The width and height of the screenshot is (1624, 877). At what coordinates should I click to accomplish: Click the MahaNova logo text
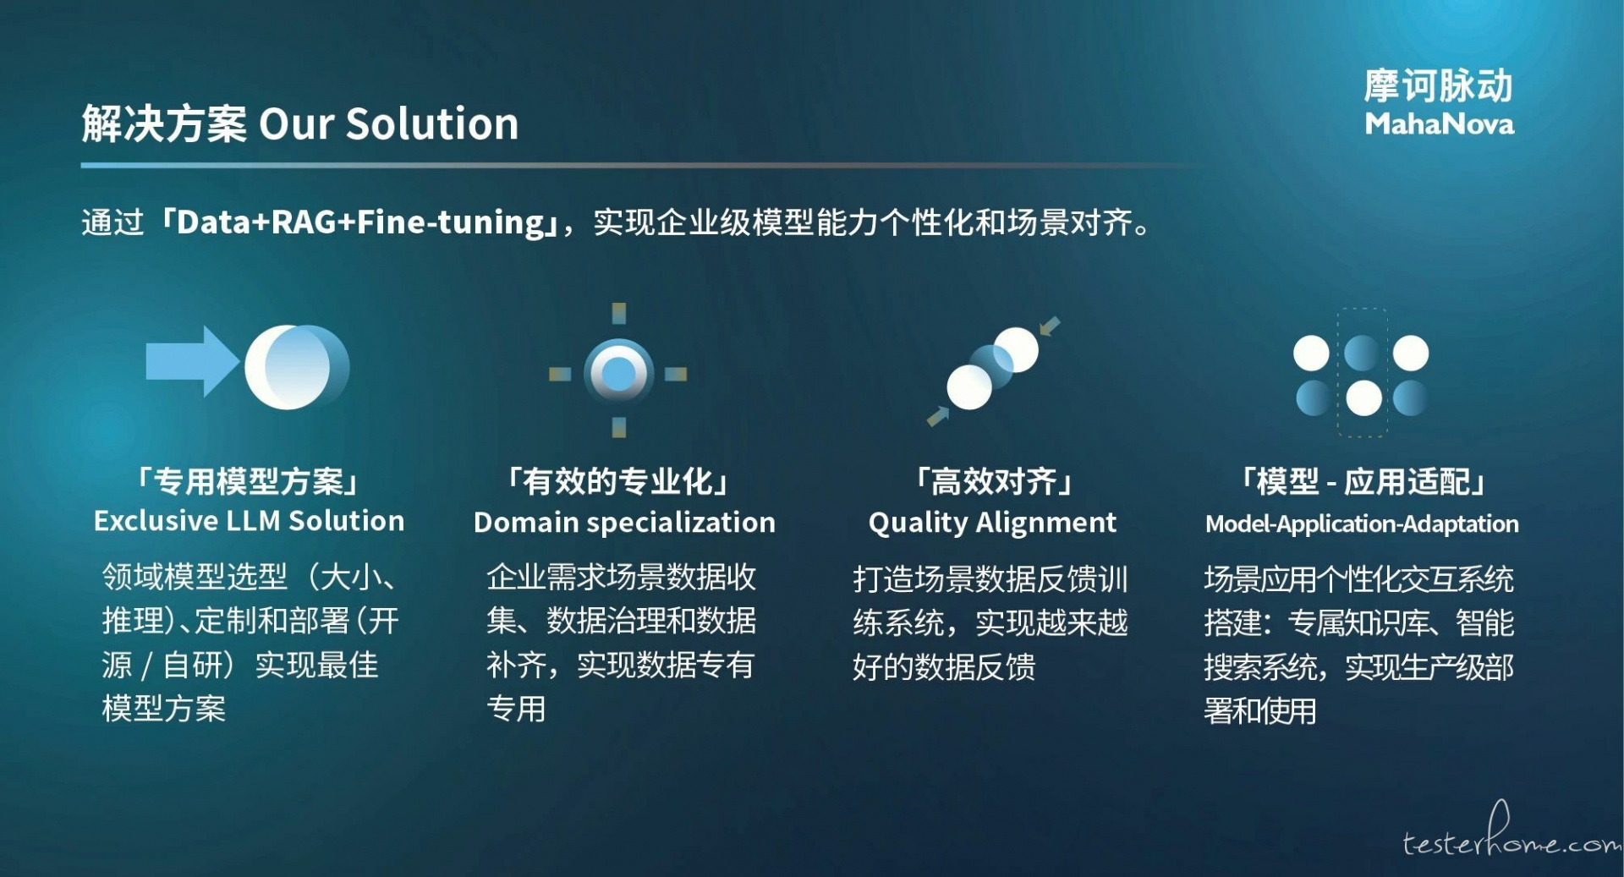click(x=1439, y=124)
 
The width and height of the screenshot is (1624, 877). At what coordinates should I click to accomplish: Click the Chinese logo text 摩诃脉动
click(x=1438, y=85)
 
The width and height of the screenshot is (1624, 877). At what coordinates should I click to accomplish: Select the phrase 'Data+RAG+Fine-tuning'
click(x=360, y=222)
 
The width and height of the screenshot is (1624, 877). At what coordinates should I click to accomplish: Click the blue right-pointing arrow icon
click(x=193, y=361)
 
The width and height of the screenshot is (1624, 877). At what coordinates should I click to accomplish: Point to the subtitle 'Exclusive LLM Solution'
click(x=249, y=521)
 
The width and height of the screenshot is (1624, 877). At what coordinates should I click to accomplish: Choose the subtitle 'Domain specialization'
click(x=624, y=523)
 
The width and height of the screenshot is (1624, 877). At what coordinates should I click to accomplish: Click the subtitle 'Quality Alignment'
click(x=992, y=523)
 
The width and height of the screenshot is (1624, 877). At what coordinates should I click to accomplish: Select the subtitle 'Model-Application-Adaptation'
click(x=1362, y=524)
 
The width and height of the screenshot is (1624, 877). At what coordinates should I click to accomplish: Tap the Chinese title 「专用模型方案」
click(x=249, y=481)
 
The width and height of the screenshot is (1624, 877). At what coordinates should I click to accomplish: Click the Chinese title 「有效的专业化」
click(x=618, y=481)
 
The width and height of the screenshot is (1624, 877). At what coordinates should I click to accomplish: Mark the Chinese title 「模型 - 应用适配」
click(x=1363, y=481)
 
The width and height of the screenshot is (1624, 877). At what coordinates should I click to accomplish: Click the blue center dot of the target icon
click(x=618, y=373)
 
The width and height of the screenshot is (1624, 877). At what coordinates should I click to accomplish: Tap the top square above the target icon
click(x=619, y=313)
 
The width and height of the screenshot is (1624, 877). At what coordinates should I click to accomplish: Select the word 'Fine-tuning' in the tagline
click(x=451, y=222)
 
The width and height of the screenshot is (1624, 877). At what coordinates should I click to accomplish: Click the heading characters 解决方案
click(x=164, y=123)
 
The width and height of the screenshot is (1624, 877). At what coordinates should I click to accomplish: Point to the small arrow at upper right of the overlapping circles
click(x=1050, y=326)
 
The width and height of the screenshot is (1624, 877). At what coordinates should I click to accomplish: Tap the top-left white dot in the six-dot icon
click(x=1311, y=353)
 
